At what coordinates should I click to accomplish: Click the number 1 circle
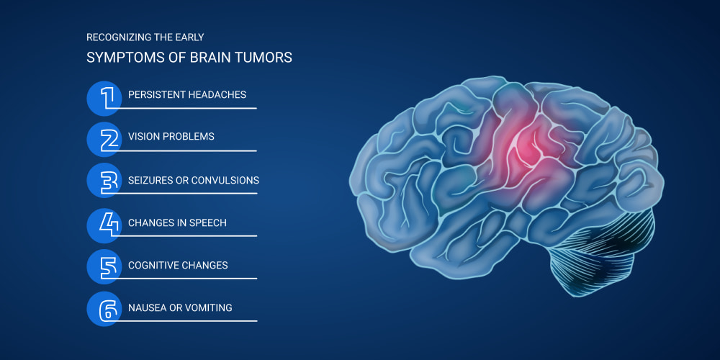point(104,98)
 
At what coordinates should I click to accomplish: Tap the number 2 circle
point(104,140)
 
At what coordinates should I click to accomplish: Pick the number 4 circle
point(104,225)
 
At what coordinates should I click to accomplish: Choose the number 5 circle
point(104,267)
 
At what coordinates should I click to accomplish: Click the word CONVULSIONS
point(225,180)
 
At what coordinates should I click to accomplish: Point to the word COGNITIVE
point(153,266)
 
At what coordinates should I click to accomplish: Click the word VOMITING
point(209,307)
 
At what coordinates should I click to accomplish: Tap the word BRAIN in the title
point(222,58)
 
